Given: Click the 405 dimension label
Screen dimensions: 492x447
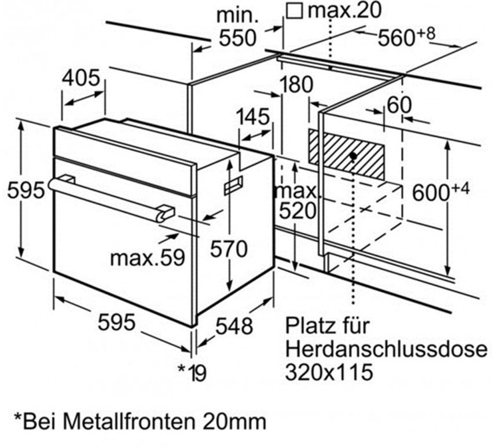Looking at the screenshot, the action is (80, 78).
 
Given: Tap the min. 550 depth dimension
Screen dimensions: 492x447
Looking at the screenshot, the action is (237, 28).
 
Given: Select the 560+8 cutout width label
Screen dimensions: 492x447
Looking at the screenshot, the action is (407, 36).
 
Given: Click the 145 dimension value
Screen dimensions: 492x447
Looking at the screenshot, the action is (253, 117).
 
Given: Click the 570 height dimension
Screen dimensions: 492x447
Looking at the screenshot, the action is (229, 250).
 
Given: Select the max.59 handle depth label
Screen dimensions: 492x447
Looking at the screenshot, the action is (148, 258).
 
